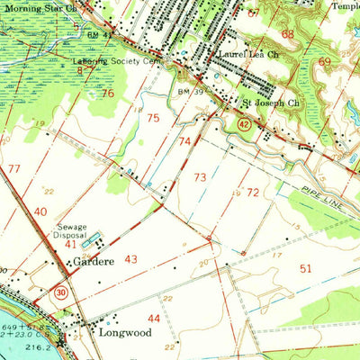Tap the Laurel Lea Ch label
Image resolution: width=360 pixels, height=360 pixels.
pos(244,54)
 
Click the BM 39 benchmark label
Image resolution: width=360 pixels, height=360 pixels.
pos(186,91)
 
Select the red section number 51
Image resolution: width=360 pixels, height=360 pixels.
pos(306,268)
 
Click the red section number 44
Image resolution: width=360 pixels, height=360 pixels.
pos(155,319)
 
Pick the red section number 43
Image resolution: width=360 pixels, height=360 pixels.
pos(131,259)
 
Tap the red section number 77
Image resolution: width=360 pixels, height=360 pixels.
pos(13,168)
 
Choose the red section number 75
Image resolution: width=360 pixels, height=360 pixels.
pos(154,118)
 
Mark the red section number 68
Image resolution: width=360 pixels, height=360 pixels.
pos(287,33)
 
